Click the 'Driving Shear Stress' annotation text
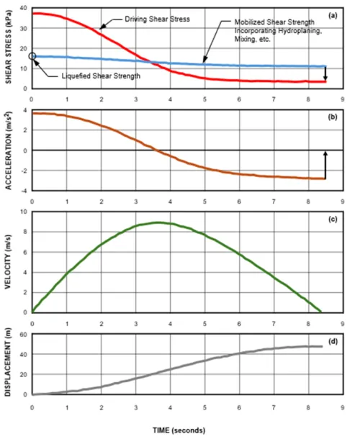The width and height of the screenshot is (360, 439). click(157, 19)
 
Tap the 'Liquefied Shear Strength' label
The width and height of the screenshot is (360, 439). click(101, 76)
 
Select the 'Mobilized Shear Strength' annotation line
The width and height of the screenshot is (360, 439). click(274, 22)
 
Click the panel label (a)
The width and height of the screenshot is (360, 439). click(333, 16)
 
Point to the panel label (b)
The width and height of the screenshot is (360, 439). click(333, 117)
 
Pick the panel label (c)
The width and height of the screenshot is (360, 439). click(333, 219)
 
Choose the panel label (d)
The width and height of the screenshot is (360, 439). click(333, 342)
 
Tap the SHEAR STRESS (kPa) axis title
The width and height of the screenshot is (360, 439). click(9, 47)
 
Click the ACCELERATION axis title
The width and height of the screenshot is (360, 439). click(9, 150)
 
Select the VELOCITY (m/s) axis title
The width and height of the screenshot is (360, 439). click(8, 262)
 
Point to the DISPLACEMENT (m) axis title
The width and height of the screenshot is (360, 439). click(8, 362)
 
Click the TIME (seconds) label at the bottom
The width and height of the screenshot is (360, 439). click(179, 430)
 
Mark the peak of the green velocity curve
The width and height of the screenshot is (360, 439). click(158, 222)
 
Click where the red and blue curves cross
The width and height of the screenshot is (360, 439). click(151, 62)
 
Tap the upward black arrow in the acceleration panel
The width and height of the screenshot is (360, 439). click(325, 165)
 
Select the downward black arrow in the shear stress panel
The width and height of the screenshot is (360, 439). click(325, 73)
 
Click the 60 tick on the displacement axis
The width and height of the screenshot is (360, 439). click(24, 335)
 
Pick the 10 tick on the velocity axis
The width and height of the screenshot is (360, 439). click(24, 212)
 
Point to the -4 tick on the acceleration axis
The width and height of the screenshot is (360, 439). click(25, 191)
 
